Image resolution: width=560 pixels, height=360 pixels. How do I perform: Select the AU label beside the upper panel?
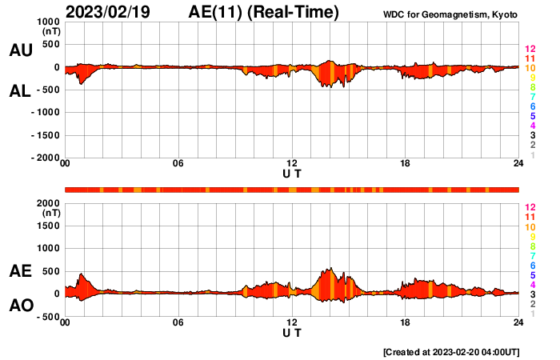tap(20, 50)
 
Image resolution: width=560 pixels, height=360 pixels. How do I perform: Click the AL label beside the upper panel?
tap(20, 91)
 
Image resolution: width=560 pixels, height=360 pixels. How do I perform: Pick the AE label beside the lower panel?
tap(20, 272)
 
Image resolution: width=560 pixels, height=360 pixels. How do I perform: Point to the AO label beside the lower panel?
tap(20, 306)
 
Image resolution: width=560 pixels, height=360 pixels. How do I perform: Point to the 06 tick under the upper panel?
tap(178, 164)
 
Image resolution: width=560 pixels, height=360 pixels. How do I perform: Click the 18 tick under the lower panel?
tap(406, 322)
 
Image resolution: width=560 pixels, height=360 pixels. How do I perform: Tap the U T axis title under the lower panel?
tap(292, 332)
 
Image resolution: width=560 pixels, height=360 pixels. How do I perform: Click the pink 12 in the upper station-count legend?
tap(529, 50)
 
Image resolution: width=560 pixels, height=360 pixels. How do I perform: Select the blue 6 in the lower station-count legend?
tap(531, 265)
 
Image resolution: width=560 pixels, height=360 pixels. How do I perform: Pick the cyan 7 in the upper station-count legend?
tap(531, 97)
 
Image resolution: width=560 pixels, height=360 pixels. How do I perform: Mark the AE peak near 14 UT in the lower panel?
tap(330, 269)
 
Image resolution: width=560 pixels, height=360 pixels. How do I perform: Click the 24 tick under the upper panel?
tap(518, 164)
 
